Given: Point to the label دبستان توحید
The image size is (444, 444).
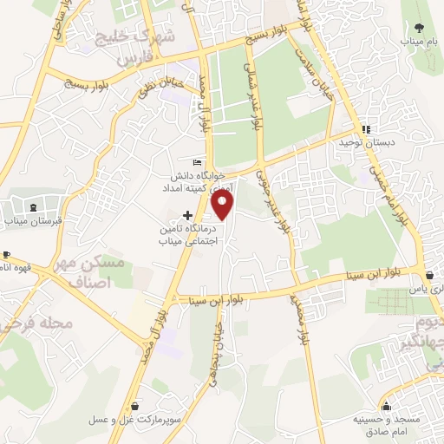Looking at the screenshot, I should (x=379, y=141).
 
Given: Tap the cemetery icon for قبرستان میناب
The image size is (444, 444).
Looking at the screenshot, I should (x=33, y=208).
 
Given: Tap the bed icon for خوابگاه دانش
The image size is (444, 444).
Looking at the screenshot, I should (x=198, y=162).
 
